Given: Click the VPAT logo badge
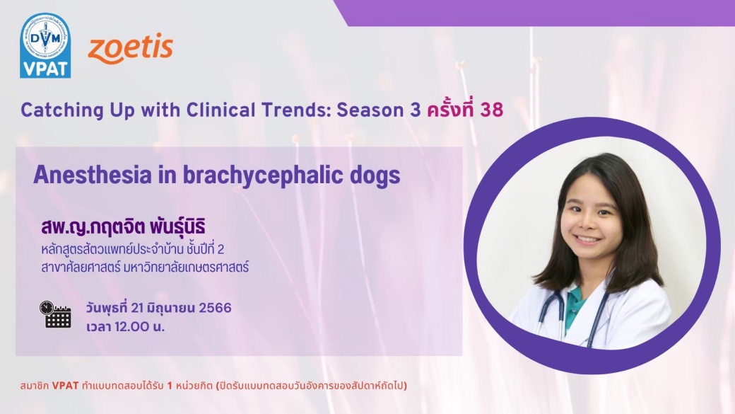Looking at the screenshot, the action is click(45, 45).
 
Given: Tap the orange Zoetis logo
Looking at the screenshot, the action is click(130, 48).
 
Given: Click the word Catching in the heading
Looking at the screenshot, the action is click(62, 110).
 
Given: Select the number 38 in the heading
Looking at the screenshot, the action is click(492, 110).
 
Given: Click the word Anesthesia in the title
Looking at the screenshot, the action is click(93, 175).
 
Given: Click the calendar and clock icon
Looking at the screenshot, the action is click(55, 314).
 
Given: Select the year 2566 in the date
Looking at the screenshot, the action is click(215, 308).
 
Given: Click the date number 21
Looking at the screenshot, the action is click(137, 308).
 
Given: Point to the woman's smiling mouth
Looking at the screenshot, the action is click(587, 239).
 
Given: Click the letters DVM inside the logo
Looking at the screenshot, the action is click(45, 38).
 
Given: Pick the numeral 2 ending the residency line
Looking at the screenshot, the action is click(220, 249).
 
